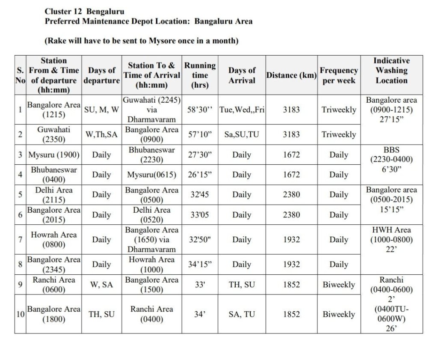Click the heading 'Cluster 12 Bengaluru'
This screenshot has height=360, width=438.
[x=85, y=11]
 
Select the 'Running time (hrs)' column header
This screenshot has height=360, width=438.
[x=200, y=75]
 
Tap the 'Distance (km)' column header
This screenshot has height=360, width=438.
[x=291, y=75]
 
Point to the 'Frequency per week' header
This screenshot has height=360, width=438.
[x=339, y=75]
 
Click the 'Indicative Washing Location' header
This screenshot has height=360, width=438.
[x=391, y=71]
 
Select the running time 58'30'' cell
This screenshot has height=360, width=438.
[x=200, y=110]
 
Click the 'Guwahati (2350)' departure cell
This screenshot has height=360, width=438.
[x=54, y=134]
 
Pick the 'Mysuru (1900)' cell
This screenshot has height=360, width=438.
[x=54, y=155]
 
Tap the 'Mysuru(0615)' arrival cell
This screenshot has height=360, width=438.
[x=152, y=175]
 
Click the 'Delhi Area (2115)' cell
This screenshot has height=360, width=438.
[x=54, y=195]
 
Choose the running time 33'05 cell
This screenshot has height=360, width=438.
[x=200, y=214]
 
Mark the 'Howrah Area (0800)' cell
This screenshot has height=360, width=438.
[x=54, y=239]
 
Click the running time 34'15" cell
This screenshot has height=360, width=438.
[x=200, y=264]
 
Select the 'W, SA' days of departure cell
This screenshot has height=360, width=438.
[x=102, y=285]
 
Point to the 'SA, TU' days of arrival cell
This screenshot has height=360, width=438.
[x=242, y=314]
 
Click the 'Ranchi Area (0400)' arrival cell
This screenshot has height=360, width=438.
[x=152, y=314]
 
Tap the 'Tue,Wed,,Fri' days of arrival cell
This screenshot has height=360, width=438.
[x=242, y=110]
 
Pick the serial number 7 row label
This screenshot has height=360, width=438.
[x=20, y=239]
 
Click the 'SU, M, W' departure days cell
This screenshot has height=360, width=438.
[x=102, y=110]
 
